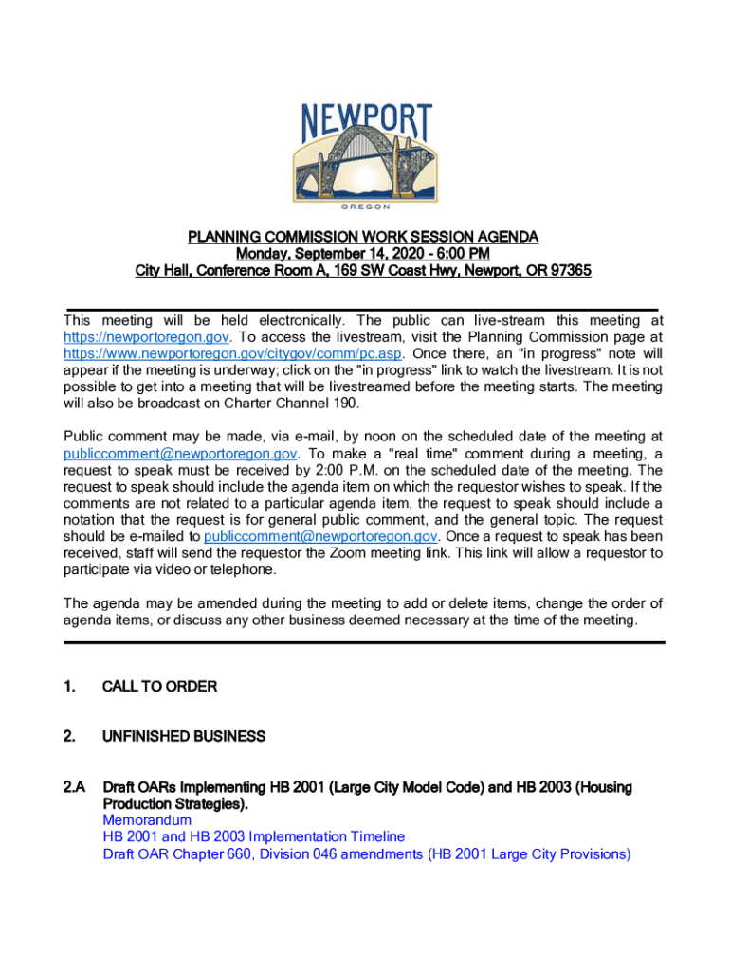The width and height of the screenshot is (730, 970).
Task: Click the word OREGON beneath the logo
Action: click(x=365, y=205)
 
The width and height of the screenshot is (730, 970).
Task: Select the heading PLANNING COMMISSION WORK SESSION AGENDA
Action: click(x=363, y=236)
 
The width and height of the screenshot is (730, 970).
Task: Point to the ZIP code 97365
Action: click(x=570, y=271)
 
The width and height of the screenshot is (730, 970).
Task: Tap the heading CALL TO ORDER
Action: click(x=159, y=687)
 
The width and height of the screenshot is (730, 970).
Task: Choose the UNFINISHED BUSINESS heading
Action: click(x=183, y=737)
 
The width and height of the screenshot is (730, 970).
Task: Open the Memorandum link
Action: click(x=147, y=820)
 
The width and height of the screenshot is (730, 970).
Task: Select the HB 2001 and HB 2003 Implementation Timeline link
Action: click(x=253, y=837)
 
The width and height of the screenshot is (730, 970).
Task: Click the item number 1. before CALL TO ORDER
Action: click(x=69, y=687)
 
